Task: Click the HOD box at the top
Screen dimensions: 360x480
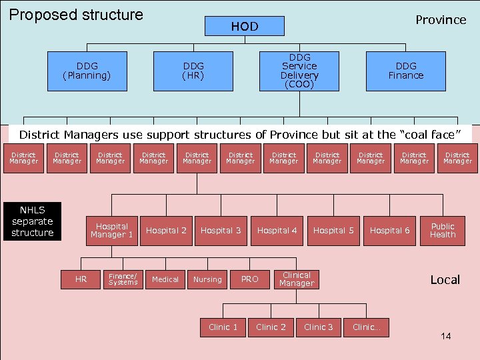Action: tap(245, 27)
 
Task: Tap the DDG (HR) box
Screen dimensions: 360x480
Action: tap(193, 71)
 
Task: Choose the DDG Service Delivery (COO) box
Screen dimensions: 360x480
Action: tap(299, 71)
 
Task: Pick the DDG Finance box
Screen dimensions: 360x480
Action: tap(405, 71)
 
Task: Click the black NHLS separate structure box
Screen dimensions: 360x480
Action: tap(33, 221)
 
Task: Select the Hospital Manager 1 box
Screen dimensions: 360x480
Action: tap(111, 231)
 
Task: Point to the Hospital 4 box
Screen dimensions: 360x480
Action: tap(277, 231)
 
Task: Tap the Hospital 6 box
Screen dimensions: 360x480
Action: tap(390, 231)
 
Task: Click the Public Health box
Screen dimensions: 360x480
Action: tap(443, 231)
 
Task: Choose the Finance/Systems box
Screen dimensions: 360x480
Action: tap(123, 279)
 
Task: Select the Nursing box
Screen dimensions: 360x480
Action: tap(207, 279)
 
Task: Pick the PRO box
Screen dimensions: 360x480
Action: tap(249, 279)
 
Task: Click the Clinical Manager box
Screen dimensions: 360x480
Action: tap(297, 279)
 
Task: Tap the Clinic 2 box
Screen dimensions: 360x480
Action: tap(271, 327)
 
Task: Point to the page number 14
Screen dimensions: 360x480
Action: tap(445, 336)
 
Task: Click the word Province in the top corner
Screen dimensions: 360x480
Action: tap(441, 20)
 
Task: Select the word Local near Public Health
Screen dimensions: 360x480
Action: tap(445, 280)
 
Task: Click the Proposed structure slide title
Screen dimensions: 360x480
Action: tap(76, 15)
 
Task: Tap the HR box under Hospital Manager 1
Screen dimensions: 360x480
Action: tap(81, 279)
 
